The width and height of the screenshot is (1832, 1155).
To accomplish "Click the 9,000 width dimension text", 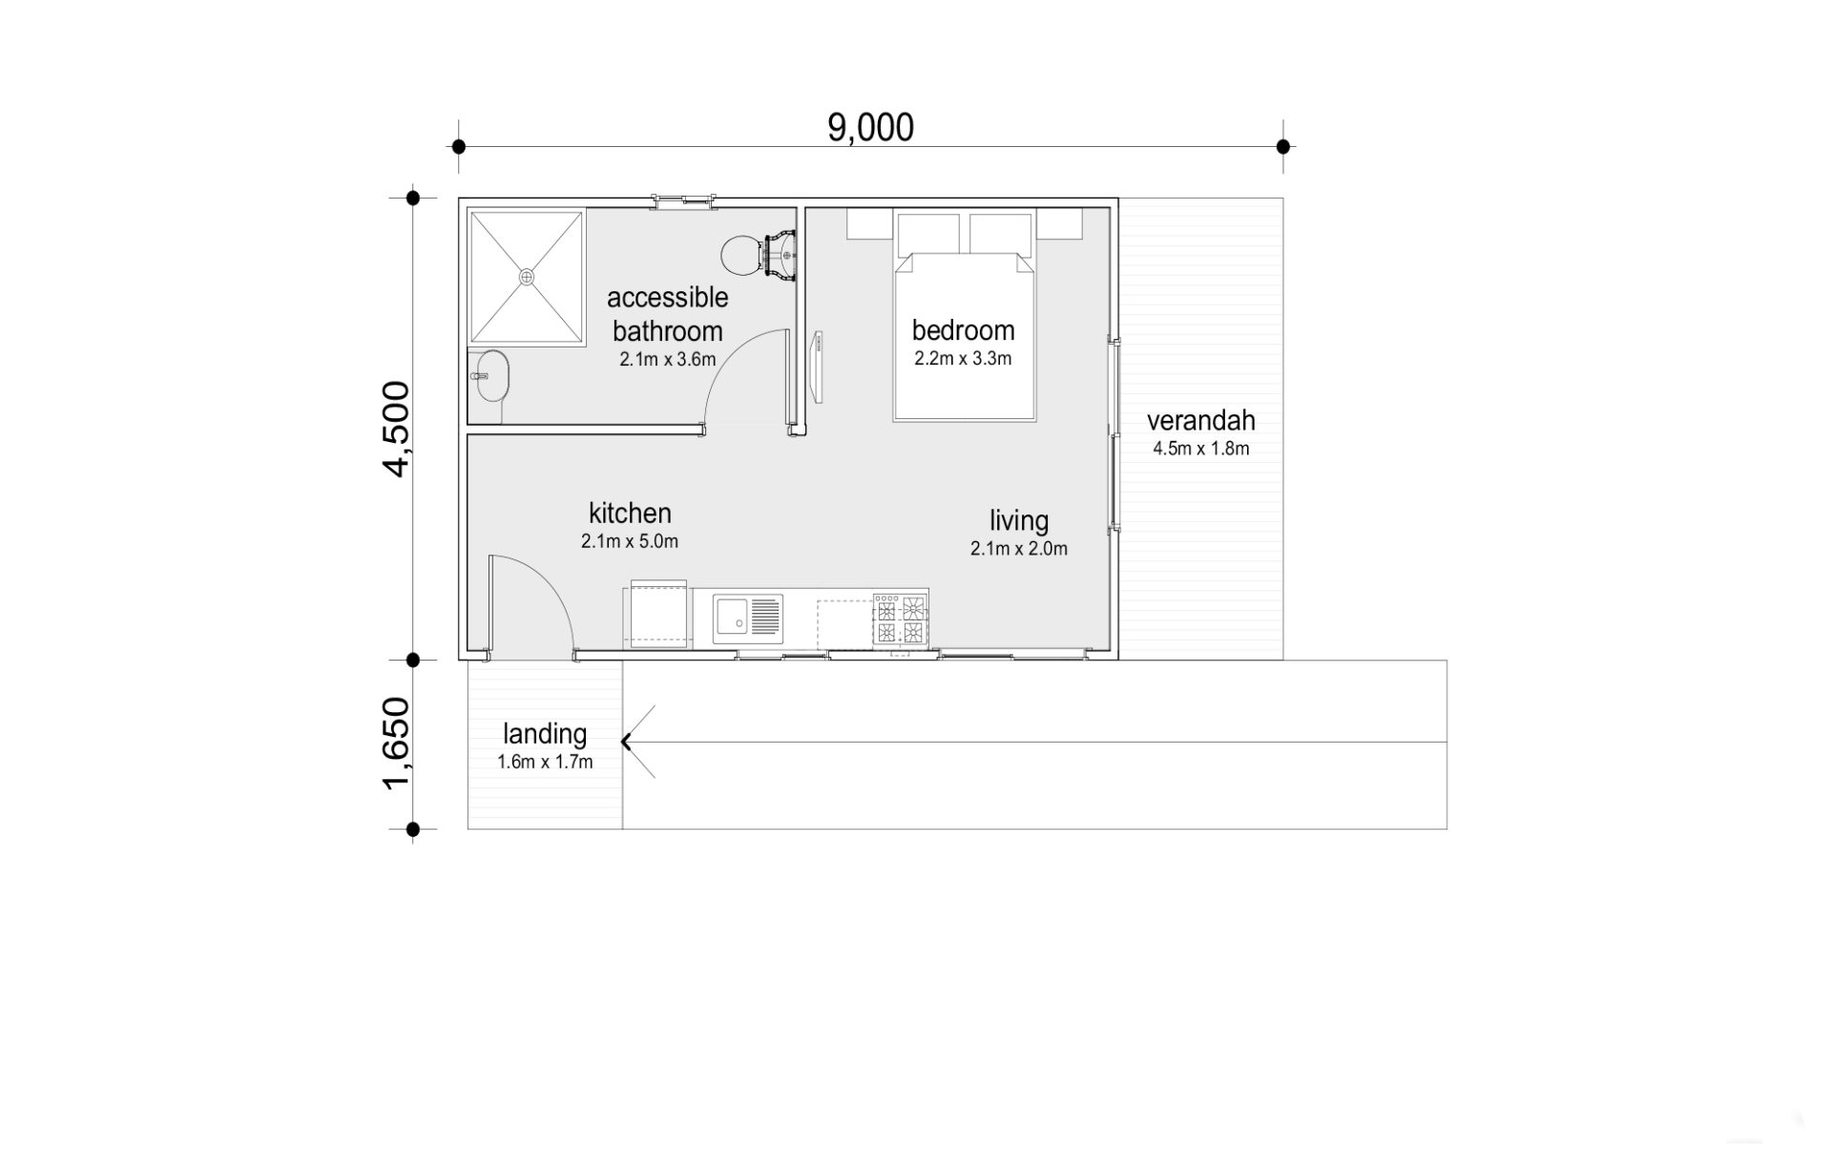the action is tap(870, 127).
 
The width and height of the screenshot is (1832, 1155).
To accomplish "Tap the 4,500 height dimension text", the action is tap(396, 428).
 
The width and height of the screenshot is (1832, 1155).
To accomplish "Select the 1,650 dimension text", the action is tap(396, 744).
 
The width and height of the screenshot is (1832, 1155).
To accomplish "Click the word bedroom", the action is tap(963, 330).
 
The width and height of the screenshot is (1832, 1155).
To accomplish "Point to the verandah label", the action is tap(1200, 420).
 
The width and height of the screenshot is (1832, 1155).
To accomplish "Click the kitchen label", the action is tap(630, 513).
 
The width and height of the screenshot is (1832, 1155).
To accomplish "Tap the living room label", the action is tap(1019, 521).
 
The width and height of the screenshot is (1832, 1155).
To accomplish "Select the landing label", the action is tap(545, 734).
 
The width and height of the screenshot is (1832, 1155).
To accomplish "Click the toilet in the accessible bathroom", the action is tap(759, 255).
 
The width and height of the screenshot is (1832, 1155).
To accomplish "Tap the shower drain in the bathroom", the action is tap(527, 277).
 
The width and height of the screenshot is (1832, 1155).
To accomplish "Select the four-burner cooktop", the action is tap(900, 619).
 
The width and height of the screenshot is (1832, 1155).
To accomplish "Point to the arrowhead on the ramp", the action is tap(626, 741).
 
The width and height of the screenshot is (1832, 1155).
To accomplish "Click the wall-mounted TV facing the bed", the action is tap(818, 366).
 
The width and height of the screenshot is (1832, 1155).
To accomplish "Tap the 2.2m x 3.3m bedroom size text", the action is tap(963, 359).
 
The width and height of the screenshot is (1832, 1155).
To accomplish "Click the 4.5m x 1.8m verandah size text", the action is tap(1200, 449).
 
